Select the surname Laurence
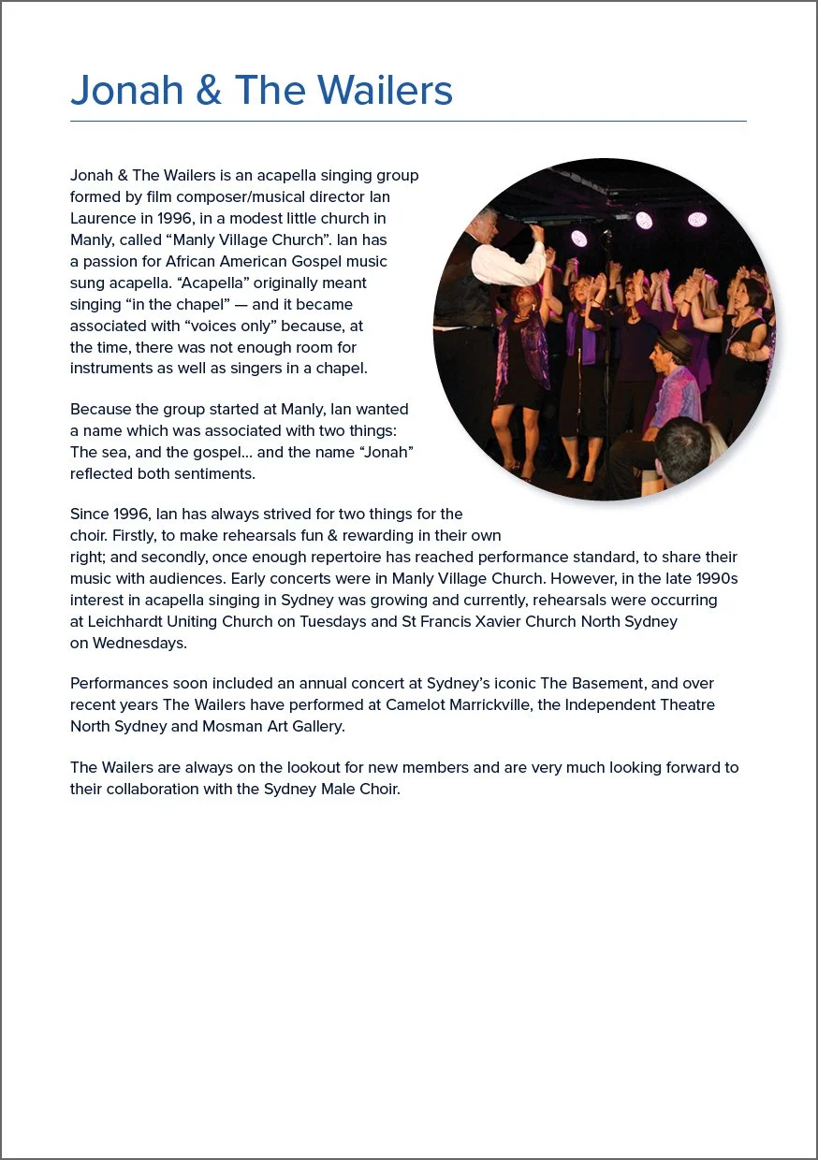105,218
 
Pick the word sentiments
216,473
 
